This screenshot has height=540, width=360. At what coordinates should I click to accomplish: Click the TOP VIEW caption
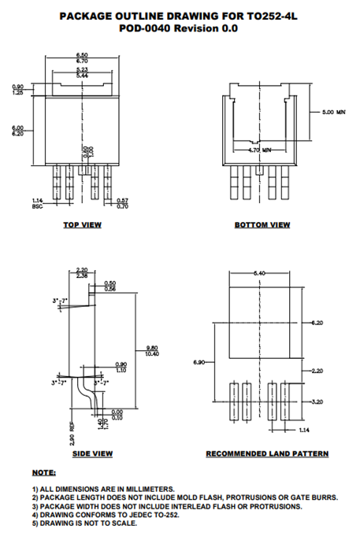[82, 225]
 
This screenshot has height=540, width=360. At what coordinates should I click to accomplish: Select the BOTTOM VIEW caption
[262, 225]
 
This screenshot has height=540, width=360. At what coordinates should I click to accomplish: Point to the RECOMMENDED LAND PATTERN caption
[267, 453]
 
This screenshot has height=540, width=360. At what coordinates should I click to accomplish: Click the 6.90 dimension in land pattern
[200, 362]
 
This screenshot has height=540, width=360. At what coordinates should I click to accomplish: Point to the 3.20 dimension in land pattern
[317, 401]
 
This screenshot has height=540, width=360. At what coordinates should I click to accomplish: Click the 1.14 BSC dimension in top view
[37, 203]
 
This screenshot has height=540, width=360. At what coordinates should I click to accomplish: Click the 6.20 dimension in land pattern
[317, 323]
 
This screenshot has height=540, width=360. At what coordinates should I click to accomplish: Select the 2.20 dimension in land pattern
[317, 370]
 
